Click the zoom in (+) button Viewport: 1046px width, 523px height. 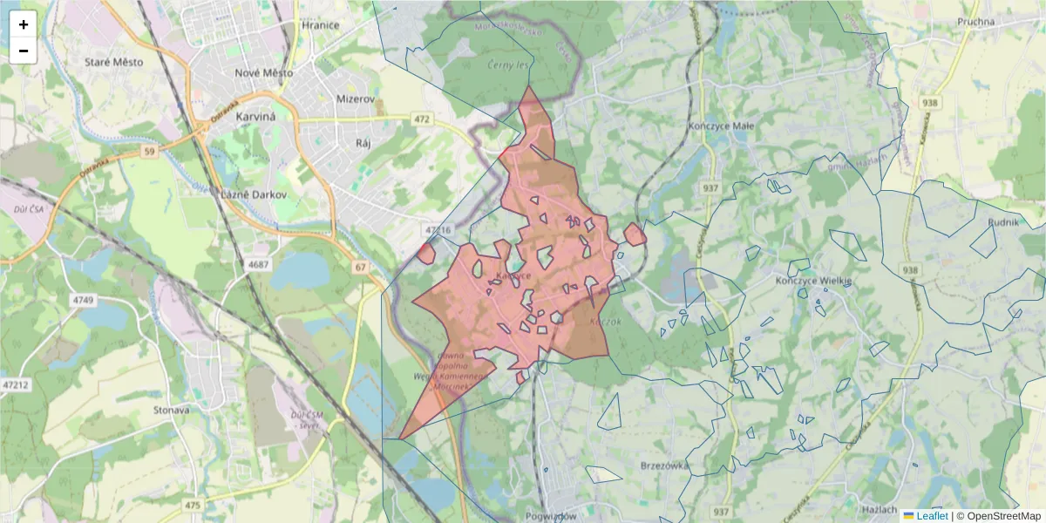coord(24,24)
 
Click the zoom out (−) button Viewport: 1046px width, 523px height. coord(24,51)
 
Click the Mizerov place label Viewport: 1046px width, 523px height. coord(355,99)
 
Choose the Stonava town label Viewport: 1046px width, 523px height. coord(170,409)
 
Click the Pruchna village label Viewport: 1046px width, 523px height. coord(975,22)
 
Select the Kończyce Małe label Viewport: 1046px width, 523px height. coord(721,126)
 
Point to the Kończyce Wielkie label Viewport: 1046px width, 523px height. coord(812,282)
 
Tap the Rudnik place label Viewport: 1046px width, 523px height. coord(1003,222)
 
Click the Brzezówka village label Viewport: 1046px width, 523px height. coord(665,465)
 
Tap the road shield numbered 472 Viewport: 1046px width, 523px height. coord(423,118)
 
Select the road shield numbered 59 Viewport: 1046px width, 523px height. coord(149,152)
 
